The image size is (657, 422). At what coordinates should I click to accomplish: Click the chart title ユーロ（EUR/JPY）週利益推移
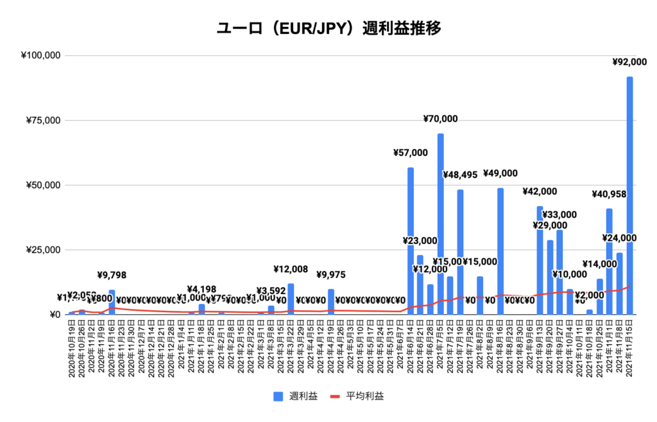(328, 29)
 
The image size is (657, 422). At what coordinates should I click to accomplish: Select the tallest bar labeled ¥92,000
(629, 193)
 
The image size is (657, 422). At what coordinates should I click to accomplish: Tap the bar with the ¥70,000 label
(441, 225)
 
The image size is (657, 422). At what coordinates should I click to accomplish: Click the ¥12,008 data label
(291, 270)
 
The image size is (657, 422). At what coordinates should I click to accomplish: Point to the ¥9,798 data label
(112, 276)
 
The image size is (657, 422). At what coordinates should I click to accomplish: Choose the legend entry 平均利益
(359, 396)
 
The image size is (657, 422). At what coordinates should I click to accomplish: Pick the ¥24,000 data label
(619, 238)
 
